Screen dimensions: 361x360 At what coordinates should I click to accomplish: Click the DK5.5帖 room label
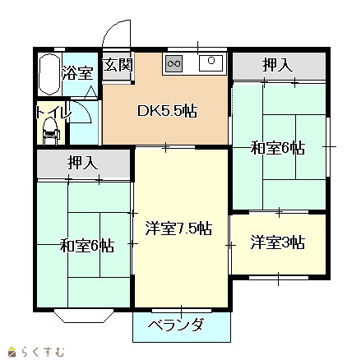(167, 111)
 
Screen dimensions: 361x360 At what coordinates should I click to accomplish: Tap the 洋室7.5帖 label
(178, 228)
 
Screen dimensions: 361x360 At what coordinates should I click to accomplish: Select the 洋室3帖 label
(277, 242)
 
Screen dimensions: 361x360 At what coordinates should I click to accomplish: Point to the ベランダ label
(176, 325)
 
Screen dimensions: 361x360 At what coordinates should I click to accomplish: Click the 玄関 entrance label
(118, 65)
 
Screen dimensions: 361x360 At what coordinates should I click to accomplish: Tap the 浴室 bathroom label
(77, 73)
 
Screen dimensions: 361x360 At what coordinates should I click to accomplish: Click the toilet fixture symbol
(50, 132)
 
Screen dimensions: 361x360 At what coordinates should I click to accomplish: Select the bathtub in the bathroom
(49, 75)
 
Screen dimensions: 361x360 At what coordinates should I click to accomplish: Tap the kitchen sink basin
(211, 62)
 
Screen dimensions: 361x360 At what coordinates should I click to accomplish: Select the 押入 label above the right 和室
(277, 65)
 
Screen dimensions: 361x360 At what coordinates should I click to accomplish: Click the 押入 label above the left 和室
(83, 163)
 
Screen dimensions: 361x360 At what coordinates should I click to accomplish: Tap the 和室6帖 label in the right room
(277, 148)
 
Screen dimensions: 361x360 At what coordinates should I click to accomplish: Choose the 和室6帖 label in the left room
(87, 245)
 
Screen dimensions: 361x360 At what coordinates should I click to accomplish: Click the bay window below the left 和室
(84, 316)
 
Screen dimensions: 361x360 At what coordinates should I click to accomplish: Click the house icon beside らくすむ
(12, 352)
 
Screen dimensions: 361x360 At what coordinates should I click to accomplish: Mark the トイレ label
(53, 112)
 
